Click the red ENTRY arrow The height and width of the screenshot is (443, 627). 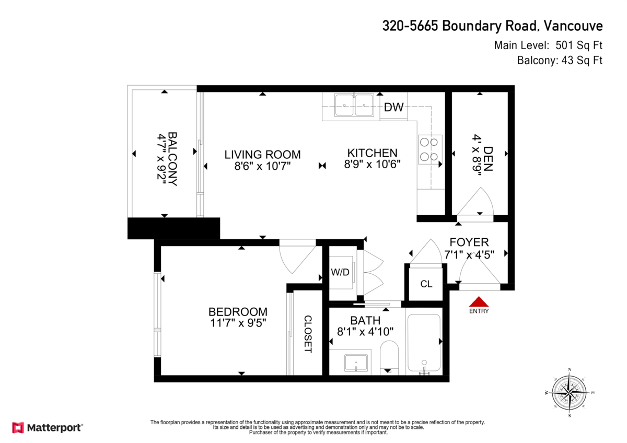[x=479, y=302]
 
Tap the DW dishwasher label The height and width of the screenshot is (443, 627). [x=393, y=107]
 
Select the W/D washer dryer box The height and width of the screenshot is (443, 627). [x=340, y=272]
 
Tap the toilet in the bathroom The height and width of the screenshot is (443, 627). [x=389, y=357]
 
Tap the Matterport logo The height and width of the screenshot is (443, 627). [x=48, y=427]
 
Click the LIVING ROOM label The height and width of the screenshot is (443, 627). [x=262, y=154]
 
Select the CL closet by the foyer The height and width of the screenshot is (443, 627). [x=426, y=284]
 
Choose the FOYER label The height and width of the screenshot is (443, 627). [x=469, y=242]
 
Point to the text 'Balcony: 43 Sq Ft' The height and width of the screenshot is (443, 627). [x=559, y=61]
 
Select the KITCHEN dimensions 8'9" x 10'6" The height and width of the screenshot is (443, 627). [x=372, y=164]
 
